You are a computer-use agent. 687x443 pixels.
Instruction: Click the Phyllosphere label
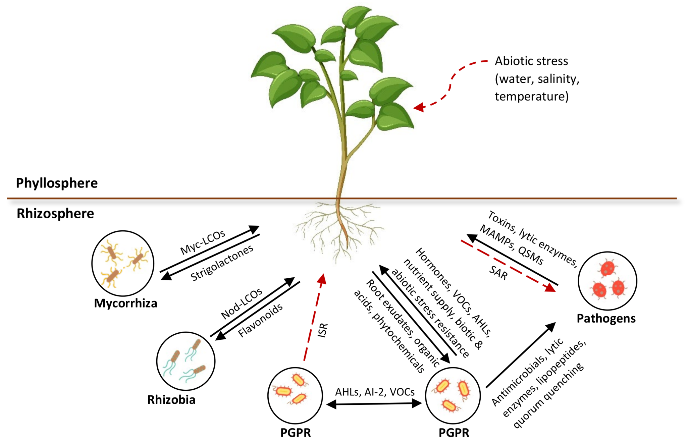point(57,183)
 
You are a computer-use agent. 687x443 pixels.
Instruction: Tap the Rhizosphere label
point(55,214)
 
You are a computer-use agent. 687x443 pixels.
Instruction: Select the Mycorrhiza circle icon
point(123,263)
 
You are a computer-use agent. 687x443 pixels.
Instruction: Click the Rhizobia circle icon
point(186,361)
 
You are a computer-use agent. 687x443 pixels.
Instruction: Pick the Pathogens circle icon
point(607,281)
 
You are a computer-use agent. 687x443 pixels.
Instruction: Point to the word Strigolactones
point(222,263)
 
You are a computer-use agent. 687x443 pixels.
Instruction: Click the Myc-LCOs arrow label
point(203,242)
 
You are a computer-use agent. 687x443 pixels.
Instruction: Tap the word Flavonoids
point(260,320)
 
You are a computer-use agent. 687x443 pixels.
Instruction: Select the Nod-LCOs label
point(242,303)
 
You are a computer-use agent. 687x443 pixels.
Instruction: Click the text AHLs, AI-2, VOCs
point(375,392)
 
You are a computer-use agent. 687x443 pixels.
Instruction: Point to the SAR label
point(498,273)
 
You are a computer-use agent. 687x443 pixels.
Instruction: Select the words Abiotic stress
point(531,61)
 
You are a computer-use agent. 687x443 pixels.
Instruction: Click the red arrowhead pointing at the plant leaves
point(419,108)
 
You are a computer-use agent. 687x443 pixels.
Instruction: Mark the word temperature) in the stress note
point(531,97)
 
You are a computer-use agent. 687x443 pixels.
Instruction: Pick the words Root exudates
point(389,307)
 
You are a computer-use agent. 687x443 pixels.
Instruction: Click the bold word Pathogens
point(606,318)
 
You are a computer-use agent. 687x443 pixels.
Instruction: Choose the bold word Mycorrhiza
point(125,303)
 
